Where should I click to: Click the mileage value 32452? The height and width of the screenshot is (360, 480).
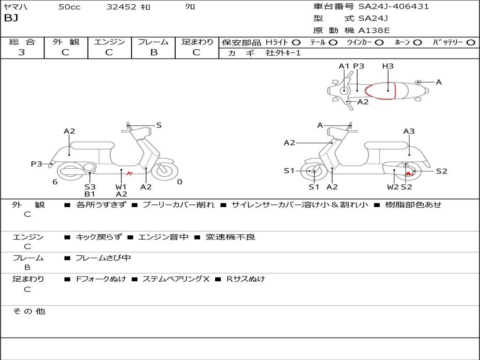click(x=121, y=7)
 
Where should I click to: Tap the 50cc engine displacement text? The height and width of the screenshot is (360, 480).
click(x=69, y=7)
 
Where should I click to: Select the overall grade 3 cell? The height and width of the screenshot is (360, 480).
click(x=22, y=52)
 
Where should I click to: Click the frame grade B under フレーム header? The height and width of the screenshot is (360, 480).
click(x=153, y=52)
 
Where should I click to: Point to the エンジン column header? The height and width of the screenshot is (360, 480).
click(x=109, y=42)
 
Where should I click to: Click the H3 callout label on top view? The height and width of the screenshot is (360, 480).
click(x=388, y=66)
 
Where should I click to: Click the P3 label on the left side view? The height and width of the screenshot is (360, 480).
click(x=37, y=164)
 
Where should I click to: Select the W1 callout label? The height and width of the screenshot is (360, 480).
click(x=121, y=187)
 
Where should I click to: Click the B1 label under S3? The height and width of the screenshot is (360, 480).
click(x=90, y=194)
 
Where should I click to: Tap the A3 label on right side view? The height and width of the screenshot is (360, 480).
click(x=409, y=131)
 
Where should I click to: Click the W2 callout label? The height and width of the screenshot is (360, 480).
click(x=393, y=187)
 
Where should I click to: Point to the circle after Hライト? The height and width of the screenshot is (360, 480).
click(x=296, y=43)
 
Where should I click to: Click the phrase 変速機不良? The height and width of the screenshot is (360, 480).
click(x=230, y=237)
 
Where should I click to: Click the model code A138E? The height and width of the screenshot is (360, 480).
click(x=374, y=31)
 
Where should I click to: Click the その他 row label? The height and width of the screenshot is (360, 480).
click(x=29, y=311)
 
